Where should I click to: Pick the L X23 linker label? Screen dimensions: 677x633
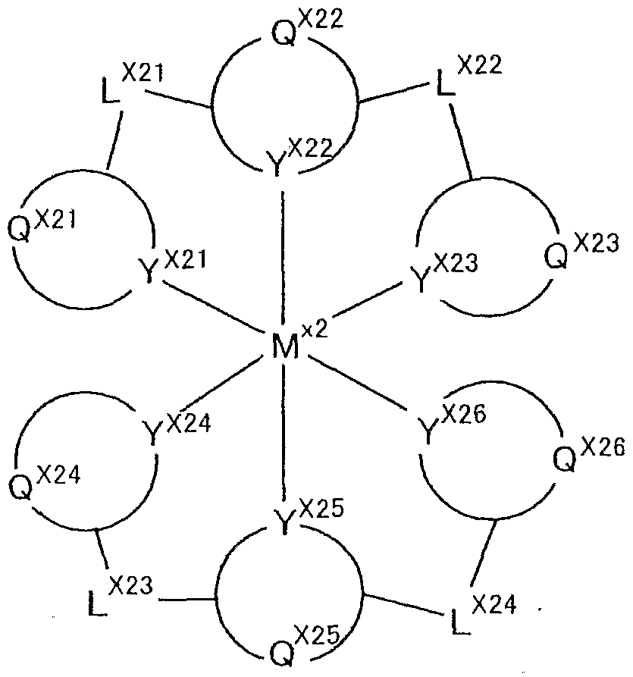(117, 596)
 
